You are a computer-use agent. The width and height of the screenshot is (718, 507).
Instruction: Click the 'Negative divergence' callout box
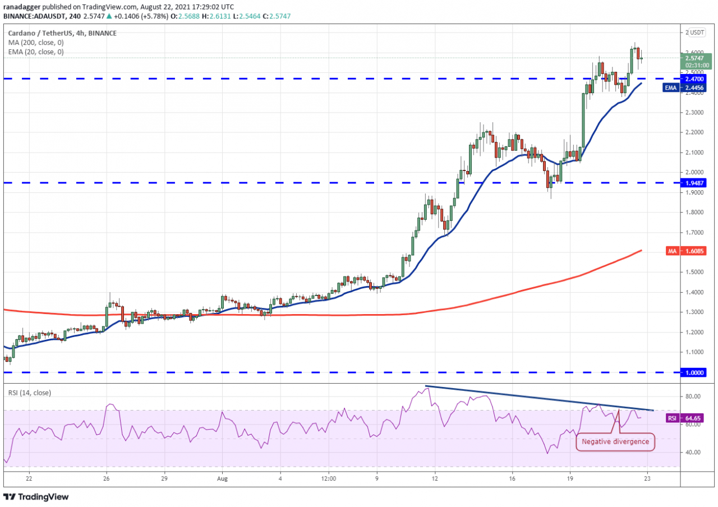click(x=615, y=441)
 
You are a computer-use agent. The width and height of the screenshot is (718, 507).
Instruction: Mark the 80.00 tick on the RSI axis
click(x=693, y=397)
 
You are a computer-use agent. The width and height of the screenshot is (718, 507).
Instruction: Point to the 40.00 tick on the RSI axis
click(x=693, y=453)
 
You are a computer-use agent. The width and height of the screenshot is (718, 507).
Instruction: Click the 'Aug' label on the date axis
click(x=222, y=479)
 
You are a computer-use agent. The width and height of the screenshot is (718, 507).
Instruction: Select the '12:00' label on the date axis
click(x=329, y=479)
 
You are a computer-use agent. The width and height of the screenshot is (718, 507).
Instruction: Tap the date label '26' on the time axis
click(x=106, y=479)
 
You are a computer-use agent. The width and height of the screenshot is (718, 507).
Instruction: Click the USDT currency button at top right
click(x=697, y=32)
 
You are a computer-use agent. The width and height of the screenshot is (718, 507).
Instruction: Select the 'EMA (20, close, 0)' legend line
click(x=35, y=52)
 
